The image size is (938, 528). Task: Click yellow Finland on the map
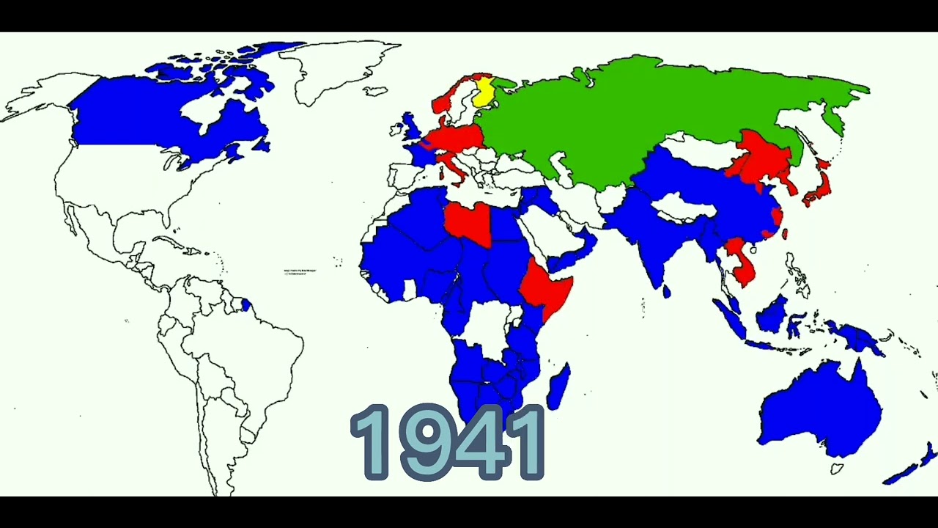[483, 94]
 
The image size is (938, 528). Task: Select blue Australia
[821, 411]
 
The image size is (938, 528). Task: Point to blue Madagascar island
[558, 386]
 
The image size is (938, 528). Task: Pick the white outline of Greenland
[344, 70]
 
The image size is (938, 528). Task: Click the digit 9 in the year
[412, 442]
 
